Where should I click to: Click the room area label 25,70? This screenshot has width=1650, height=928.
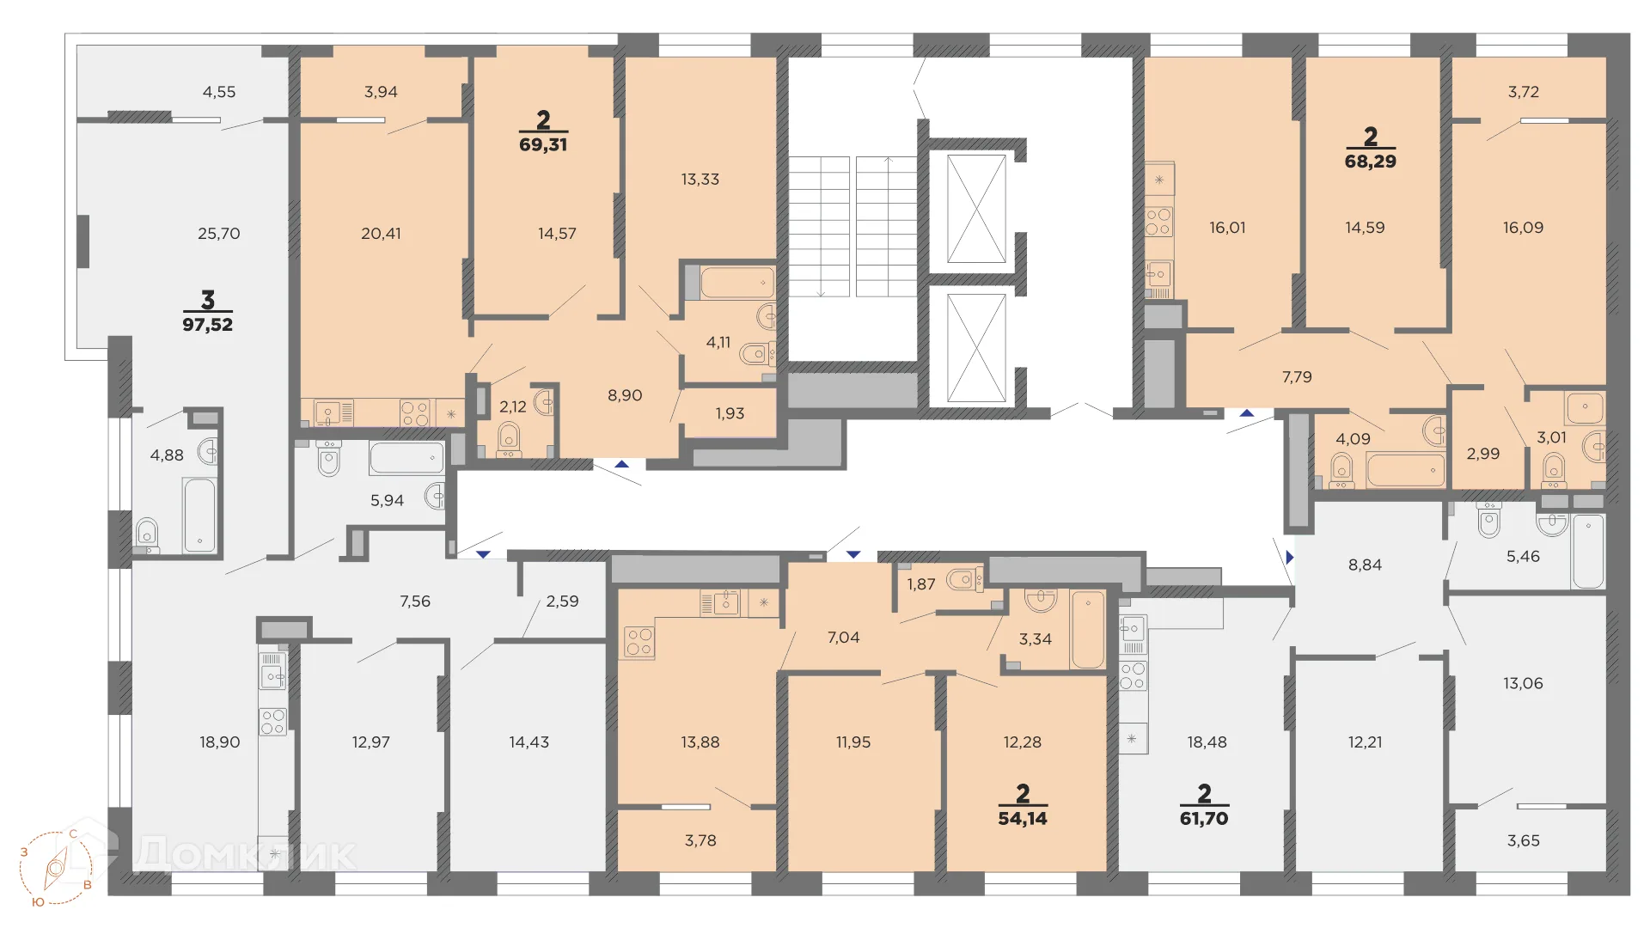tap(219, 234)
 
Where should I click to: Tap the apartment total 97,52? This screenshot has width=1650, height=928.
tap(208, 325)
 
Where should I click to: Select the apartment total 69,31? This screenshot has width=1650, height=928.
tap(543, 144)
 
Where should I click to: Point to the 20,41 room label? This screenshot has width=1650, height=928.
tap(381, 234)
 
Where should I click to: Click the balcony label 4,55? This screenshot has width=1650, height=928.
tap(219, 92)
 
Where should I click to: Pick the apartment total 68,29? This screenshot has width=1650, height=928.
tap(1371, 161)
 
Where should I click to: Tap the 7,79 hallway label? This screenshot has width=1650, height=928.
tap(1297, 377)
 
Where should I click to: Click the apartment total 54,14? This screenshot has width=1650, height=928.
tap(1023, 819)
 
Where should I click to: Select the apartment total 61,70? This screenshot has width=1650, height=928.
tap(1204, 819)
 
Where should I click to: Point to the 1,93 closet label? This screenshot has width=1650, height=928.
tap(730, 413)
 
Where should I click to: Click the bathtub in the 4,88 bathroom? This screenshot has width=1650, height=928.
tap(199, 516)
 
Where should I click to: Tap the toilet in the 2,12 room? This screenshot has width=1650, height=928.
tap(510, 438)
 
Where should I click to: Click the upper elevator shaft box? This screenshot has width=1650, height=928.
tap(976, 209)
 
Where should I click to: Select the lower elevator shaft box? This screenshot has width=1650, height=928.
tap(976, 348)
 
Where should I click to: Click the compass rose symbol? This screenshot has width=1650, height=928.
tap(57, 868)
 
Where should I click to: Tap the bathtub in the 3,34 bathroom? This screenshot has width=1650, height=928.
tap(1088, 630)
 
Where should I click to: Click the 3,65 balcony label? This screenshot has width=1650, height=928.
tap(1524, 841)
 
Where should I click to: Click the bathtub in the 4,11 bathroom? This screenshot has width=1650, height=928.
tap(737, 283)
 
